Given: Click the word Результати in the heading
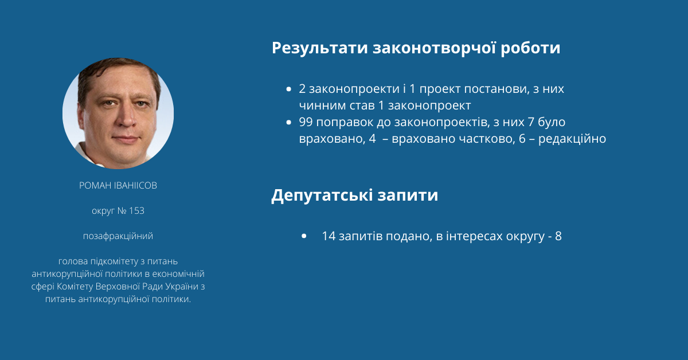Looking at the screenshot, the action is [319, 49].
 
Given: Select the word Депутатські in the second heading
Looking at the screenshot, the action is [322, 195].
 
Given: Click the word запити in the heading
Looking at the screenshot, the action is [408, 195].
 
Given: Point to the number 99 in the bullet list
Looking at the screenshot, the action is [306, 122].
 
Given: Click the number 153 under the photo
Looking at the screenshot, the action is [136, 211].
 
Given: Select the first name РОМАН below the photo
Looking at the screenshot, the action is [95, 186].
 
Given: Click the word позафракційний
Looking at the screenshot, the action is [118, 236].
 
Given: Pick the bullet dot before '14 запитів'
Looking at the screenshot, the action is [304, 236].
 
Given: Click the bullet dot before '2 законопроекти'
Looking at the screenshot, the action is [288, 89].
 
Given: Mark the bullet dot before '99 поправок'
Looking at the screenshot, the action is [288, 122].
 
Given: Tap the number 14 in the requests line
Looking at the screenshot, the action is [329, 236].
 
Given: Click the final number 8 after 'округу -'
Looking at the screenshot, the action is [558, 236].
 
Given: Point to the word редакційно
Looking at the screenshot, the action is [572, 139].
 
